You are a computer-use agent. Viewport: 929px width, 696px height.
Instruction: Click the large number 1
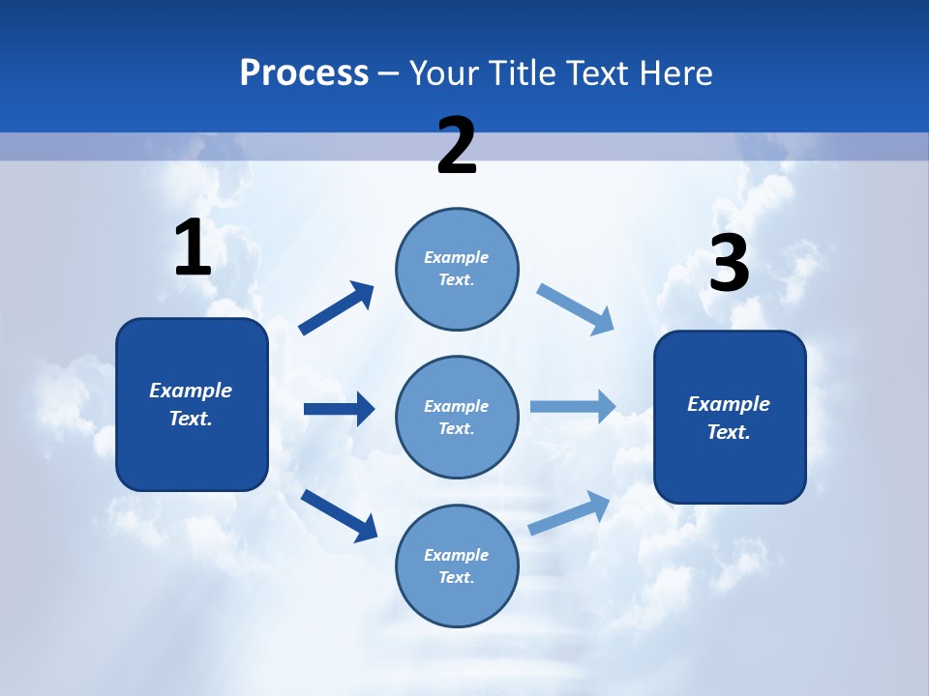click(x=193, y=248)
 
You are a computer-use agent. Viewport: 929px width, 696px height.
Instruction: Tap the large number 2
click(x=457, y=146)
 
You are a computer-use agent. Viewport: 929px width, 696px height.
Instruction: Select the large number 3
click(x=729, y=264)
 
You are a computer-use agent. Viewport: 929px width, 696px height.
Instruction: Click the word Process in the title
click(x=304, y=72)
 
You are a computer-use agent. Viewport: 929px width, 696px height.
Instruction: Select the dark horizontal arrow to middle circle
click(x=339, y=409)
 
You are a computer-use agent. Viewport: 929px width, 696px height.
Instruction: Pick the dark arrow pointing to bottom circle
click(x=340, y=514)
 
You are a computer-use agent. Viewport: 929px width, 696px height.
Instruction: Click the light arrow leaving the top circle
click(x=576, y=308)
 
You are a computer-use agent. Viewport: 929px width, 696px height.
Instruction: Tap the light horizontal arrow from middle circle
click(x=573, y=406)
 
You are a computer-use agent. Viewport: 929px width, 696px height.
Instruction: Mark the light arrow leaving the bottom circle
click(x=570, y=512)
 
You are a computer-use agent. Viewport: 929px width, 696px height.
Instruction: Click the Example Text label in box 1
click(x=191, y=404)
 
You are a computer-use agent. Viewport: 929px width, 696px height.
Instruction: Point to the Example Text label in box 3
click(x=729, y=418)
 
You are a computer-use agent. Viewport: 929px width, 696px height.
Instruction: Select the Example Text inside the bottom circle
click(x=457, y=565)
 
